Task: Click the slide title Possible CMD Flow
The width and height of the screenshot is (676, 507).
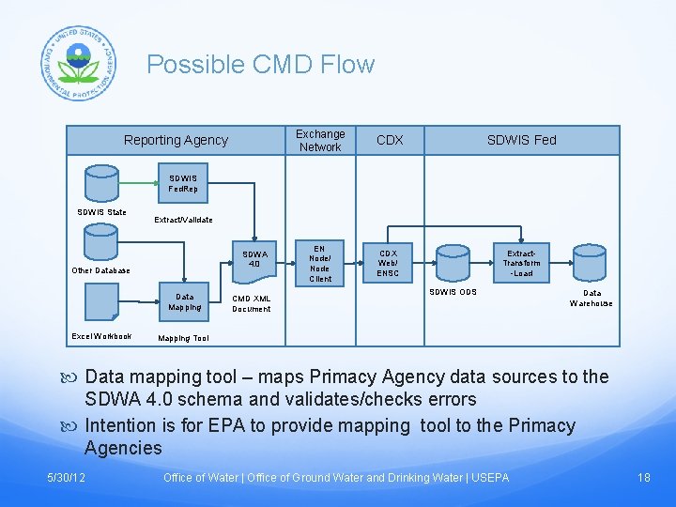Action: [x=260, y=65]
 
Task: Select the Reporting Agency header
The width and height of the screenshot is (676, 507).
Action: [x=176, y=140]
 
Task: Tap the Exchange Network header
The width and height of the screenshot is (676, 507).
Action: [x=320, y=140]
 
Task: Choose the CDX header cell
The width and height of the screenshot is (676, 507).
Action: [x=390, y=140]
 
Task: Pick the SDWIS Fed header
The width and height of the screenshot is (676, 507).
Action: [x=521, y=140]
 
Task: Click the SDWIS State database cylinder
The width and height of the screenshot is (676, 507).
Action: [x=100, y=184]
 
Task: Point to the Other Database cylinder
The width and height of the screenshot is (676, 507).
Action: [x=100, y=242]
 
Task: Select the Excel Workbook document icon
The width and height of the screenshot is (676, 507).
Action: [x=101, y=302]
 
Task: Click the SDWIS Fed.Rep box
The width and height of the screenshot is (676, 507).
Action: [x=183, y=183]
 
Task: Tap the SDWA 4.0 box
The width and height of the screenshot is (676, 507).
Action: [x=254, y=258]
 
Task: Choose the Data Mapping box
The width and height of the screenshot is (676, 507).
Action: [x=184, y=300]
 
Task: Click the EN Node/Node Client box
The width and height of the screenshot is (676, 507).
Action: [x=320, y=263]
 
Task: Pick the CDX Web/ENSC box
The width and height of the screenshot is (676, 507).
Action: [x=388, y=263]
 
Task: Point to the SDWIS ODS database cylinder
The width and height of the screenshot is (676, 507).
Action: [x=453, y=263]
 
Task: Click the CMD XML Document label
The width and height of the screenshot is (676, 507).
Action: [x=252, y=303]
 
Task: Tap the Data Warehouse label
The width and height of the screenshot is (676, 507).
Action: [x=591, y=298]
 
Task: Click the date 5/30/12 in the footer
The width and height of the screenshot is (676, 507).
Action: [x=67, y=478]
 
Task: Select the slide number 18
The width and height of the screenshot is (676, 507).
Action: [x=643, y=478]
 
